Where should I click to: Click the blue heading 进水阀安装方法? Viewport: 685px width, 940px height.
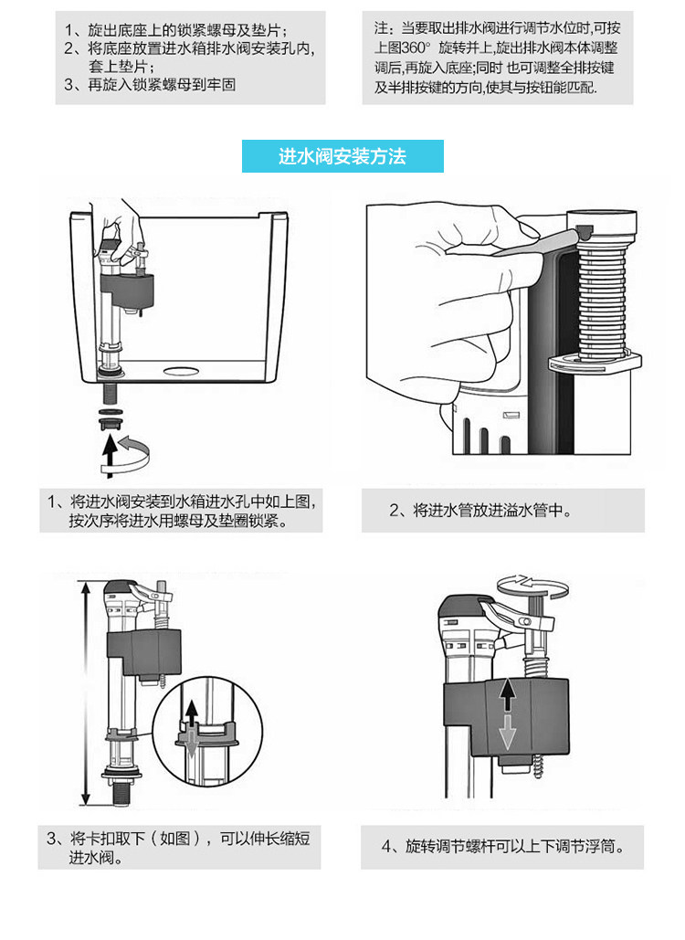click(342, 156)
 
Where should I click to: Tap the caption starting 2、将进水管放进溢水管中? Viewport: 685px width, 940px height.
click(481, 511)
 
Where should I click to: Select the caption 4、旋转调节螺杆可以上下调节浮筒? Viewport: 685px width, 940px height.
click(503, 847)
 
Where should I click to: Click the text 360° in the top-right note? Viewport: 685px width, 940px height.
click(418, 46)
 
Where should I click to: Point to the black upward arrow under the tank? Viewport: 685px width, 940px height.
click(111, 451)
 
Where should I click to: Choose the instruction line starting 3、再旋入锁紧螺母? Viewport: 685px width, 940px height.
click(164, 84)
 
